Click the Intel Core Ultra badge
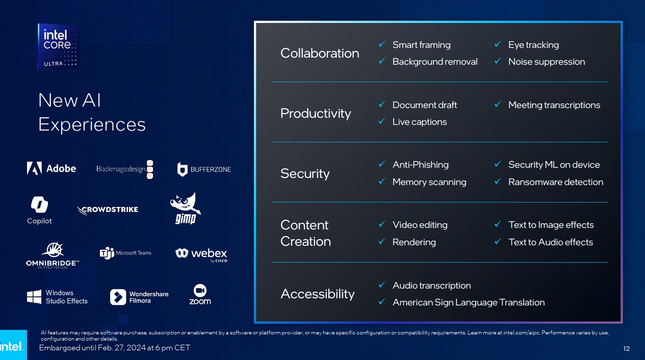58,47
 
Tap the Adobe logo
51,168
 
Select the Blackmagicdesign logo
124,169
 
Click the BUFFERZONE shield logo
183,169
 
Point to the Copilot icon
39,204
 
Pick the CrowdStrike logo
108,210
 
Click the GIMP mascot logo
185,208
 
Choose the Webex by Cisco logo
201,254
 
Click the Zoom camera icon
200,290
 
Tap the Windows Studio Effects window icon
34,297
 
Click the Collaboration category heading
320,53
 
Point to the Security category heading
305,173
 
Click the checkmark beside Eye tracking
497,45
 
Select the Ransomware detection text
555,182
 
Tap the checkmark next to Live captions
381,122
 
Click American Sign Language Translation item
468,302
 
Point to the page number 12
627,348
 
